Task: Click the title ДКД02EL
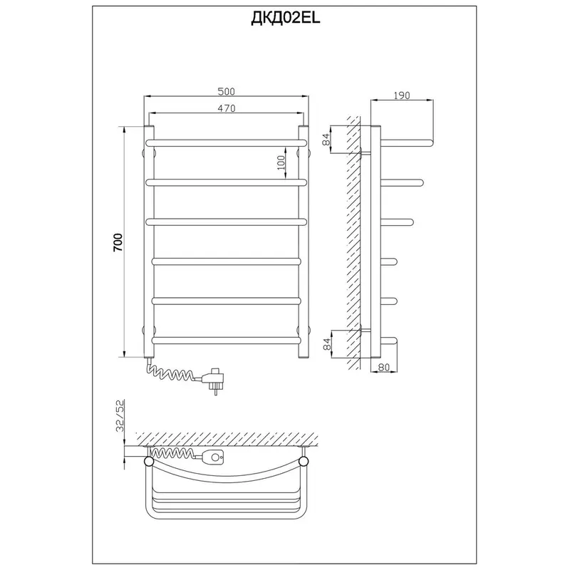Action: point(286,19)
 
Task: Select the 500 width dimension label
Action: point(226,91)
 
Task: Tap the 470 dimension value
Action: point(226,108)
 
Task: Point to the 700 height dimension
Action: point(118,242)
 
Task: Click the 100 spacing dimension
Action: point(281,165)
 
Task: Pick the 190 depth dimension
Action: point(401,95)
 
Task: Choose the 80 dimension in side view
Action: point(383,367)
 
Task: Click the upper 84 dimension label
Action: point(326,139)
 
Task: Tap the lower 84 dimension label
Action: point(327,344)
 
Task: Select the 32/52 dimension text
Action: point(120,415)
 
